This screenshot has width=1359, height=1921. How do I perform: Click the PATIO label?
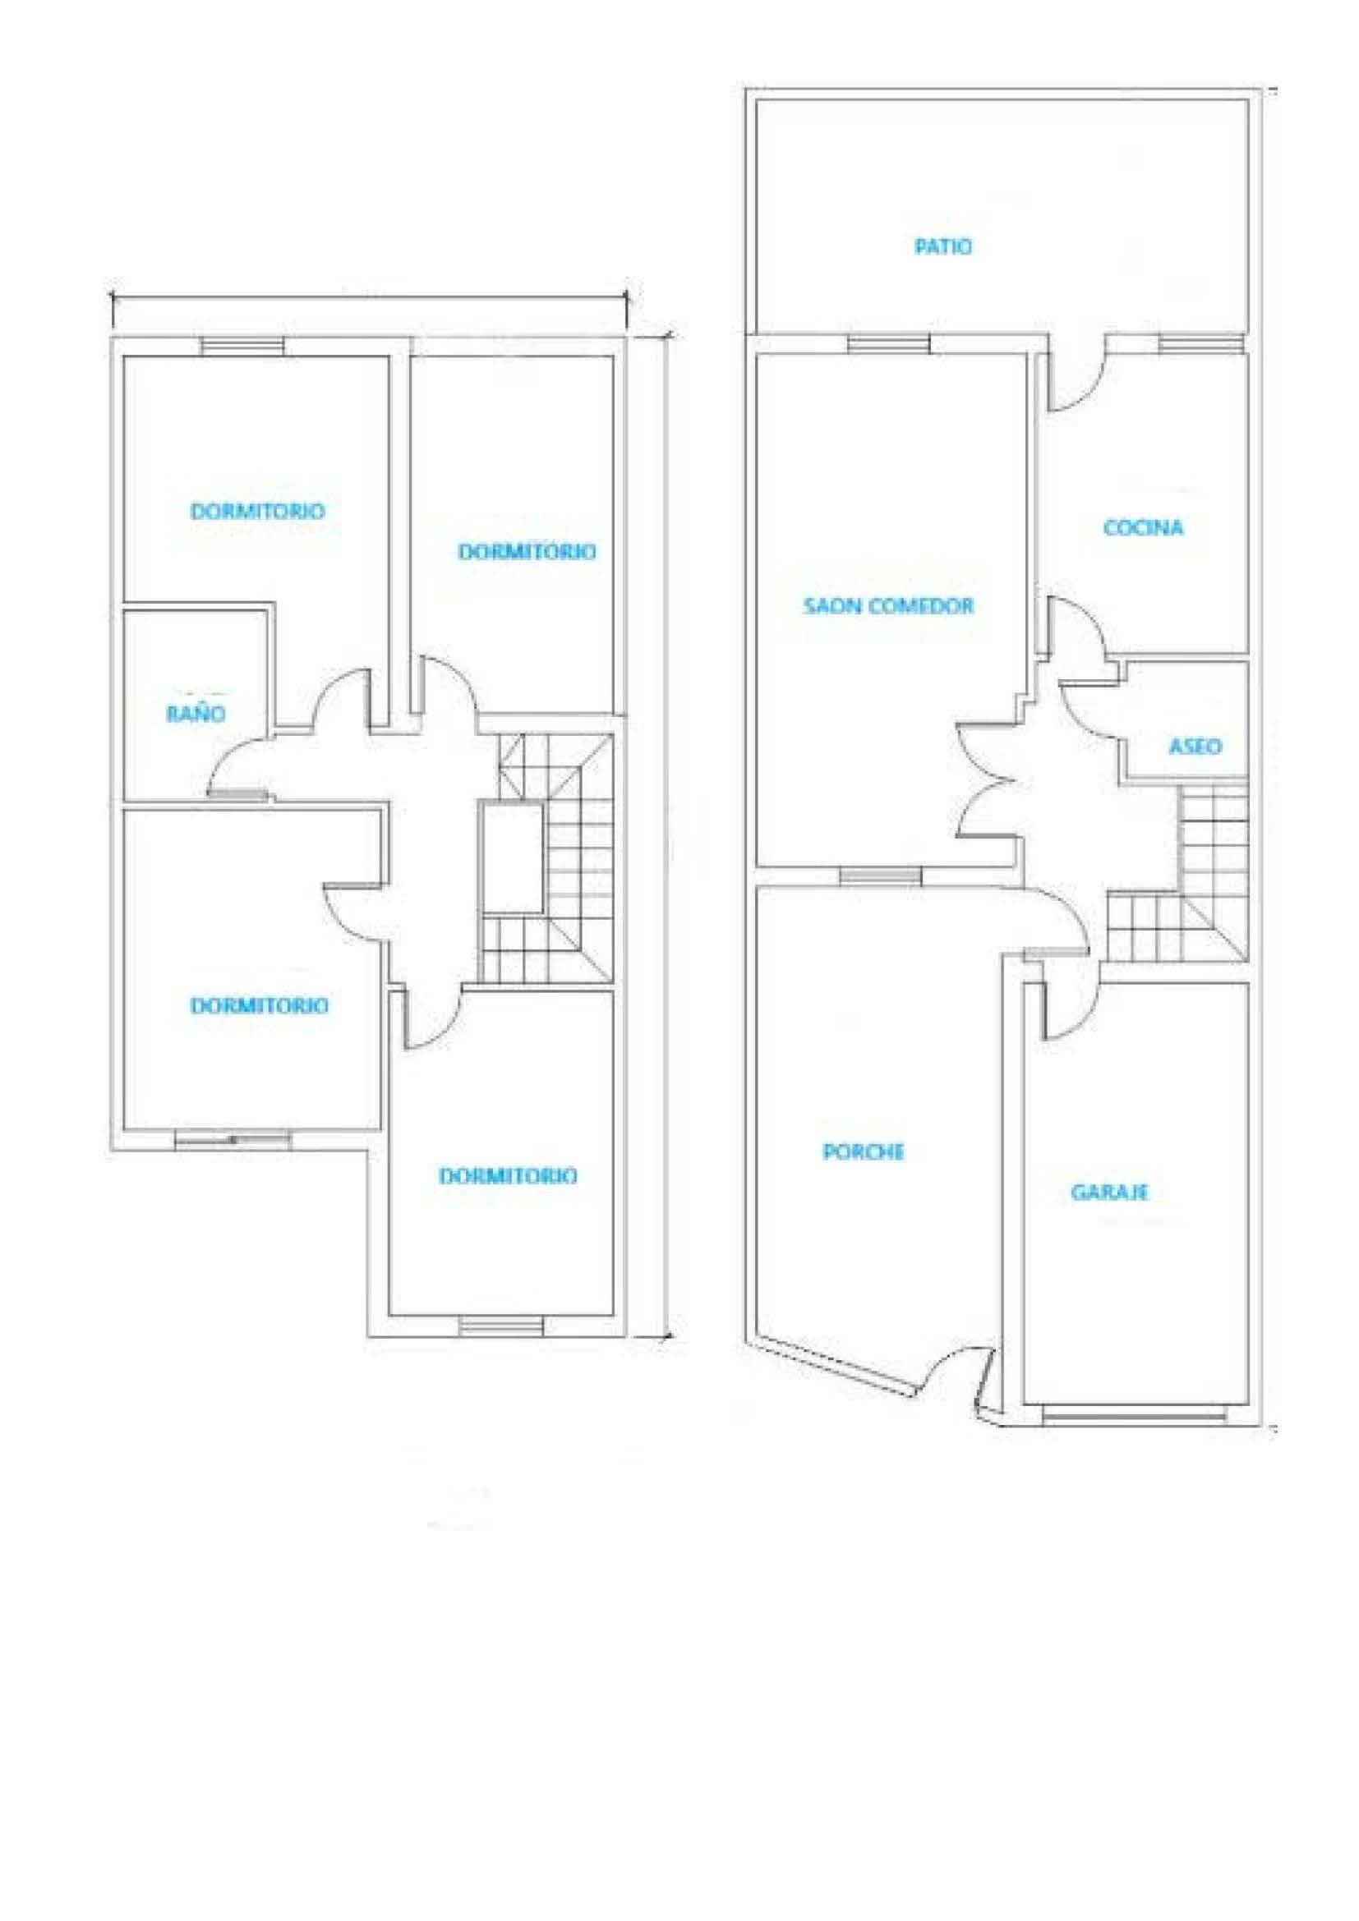(x=943, y=247)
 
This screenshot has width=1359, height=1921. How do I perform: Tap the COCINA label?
(x=1143, y=528)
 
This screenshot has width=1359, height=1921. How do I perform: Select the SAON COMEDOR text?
(x=889, y=606)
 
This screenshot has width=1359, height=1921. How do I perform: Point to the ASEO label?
(x=1195, y=746)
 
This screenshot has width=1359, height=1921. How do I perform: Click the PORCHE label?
(x=864, y=1152)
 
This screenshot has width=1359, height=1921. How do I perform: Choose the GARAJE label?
(x=1108, y=1192)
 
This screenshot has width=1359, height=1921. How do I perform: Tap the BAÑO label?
(x=196, y=714)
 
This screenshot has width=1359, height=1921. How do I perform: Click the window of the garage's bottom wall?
(x=1136, y=1417)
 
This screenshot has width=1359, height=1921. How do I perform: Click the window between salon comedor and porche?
(x=880, y=876)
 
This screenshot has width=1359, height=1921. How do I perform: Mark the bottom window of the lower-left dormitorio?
(x=233, y=1137)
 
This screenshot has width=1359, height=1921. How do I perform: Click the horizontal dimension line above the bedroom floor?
(x=368, y=293)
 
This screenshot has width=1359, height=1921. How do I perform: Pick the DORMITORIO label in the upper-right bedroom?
(x=527, y=551)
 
